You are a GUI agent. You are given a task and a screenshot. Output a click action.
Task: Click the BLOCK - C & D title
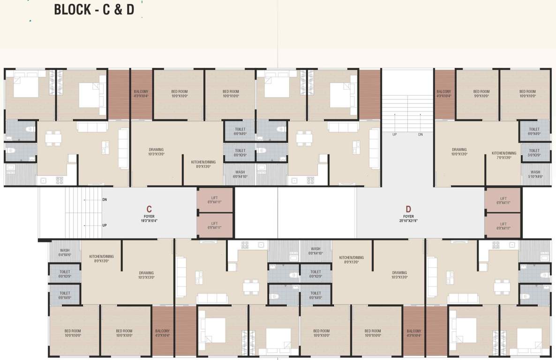pos(94,9)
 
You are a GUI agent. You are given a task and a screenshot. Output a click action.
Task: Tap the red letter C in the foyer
pos(149,209)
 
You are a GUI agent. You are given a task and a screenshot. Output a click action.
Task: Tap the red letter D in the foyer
pos(408,209)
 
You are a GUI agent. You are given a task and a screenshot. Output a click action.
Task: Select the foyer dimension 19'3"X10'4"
pos(149,220)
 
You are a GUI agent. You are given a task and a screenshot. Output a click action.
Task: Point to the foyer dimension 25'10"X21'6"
pos(408,220)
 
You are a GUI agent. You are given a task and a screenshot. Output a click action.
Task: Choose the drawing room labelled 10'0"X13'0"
pos(459,152)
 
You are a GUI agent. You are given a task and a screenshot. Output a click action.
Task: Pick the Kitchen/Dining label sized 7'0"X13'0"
pos(503,155)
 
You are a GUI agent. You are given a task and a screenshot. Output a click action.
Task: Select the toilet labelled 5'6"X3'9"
pos(534,153)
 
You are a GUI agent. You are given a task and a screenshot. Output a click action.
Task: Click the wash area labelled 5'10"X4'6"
pos(535,174)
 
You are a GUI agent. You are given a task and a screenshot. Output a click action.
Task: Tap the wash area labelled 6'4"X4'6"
pos(65,252)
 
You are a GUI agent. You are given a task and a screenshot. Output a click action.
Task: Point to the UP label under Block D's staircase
pos(395,135)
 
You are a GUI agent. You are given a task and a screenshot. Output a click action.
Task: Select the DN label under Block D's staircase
pos(421,135)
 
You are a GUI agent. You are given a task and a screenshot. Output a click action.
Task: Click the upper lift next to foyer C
pos(215,200)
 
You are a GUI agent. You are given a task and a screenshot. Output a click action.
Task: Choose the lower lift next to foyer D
pos(503,226)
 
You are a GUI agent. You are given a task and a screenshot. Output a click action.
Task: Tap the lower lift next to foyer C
pos(215,225)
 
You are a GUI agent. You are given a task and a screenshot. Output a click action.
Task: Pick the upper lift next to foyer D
pos(503,201)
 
